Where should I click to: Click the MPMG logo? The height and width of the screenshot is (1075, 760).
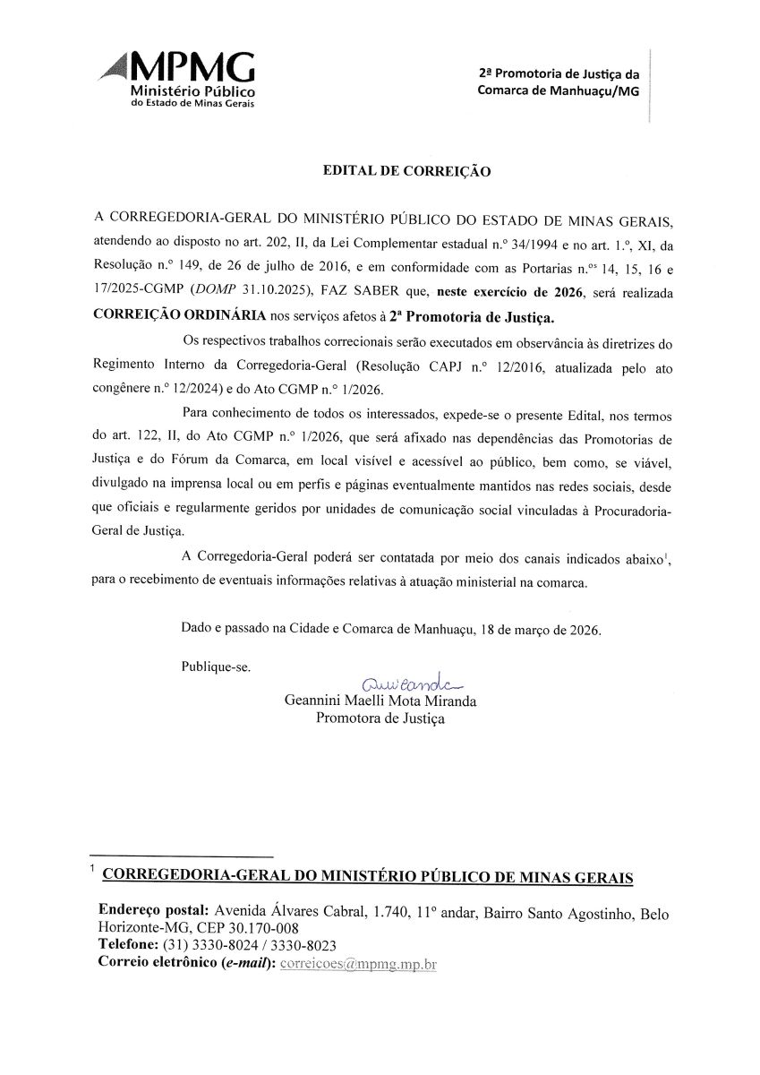[x=179, y=78]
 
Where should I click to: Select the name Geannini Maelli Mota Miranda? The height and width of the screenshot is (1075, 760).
[x=380, y=701]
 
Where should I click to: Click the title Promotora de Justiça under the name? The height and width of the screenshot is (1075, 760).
[x=380, y=718]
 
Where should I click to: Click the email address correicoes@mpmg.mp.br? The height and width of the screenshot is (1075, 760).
[x=358, y=963]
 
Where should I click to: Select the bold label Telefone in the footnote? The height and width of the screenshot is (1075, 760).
[x=128, y=946]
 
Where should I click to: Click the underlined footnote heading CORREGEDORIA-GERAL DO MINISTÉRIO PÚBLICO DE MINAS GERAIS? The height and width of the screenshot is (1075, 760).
[x=369, y=875]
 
